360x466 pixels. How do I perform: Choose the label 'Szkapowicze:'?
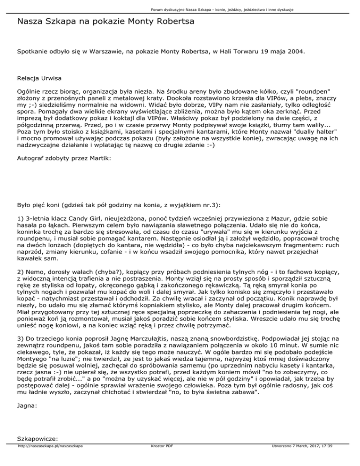[x=37, y=452]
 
